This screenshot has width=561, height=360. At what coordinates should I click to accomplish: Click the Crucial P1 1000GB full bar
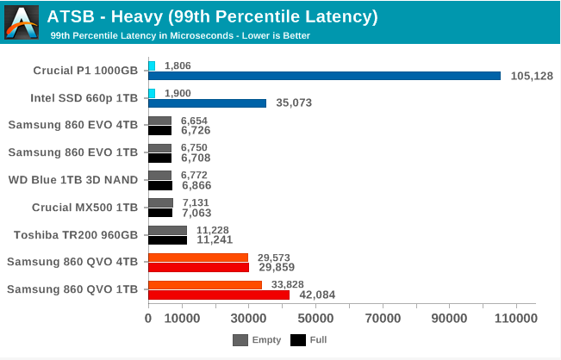click(x=324, y=76)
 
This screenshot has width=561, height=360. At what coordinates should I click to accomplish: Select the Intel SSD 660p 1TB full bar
click(x=207, y=103)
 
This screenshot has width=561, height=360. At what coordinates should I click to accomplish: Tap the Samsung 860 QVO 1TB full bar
click(x=219, y=295)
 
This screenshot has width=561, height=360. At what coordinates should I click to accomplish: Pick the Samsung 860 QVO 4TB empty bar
click(x=198, y=258)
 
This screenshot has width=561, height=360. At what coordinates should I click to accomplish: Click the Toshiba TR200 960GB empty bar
click(x=167, y=230)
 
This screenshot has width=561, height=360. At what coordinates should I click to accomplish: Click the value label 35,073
click(x=294, y=103)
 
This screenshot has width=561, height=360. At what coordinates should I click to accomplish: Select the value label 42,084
click(x=317, y=295)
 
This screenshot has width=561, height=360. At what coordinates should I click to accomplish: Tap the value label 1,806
click(x=178, y=65)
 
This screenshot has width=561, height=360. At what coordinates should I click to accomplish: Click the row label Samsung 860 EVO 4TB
click(x=73, y=125)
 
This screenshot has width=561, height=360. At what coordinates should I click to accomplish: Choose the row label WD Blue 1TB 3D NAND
click(x=73, y=180)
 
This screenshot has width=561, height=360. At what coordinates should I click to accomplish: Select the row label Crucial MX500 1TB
click(x=84, y=207)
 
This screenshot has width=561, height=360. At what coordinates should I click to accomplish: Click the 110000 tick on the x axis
click(x=517, y=319)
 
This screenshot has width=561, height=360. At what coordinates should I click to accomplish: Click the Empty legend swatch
click(x=240, y=340)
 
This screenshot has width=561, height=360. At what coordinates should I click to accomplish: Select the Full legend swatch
click(x=298, y=340)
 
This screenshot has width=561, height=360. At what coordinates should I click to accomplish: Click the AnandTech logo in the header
click(x=22, y=22)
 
